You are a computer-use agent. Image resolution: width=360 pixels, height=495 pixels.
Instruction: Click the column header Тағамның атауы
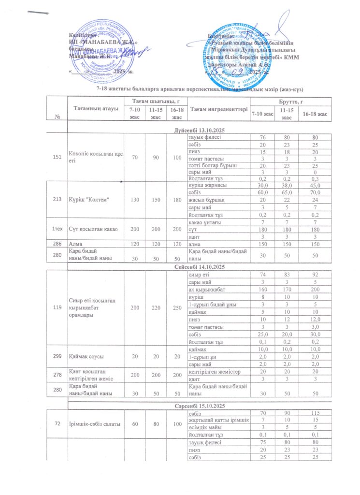pyautogui.click(x=96, y=109)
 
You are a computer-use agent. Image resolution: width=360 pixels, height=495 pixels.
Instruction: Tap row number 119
pyautogui.click(x=54, y=306)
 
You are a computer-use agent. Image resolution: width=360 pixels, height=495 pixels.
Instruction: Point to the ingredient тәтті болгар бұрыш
pyautogui.click(x=210, y=164)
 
